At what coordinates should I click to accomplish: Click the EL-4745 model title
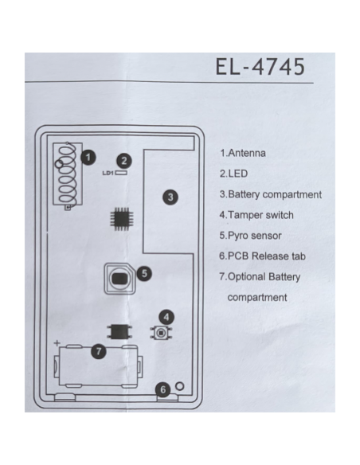click(x=260, y=66)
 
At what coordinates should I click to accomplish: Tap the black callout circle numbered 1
click(x=88, y=157)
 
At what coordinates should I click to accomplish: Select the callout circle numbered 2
click(x=124, y=161)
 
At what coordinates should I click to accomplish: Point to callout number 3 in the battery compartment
click(x=170, y=197)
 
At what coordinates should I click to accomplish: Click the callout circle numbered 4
click(x=166, y=318)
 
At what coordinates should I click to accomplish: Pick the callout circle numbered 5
click(x=144, y=273)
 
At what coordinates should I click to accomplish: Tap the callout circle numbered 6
click(x=162, y=389)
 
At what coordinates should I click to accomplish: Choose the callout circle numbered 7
click(x=99, y=352)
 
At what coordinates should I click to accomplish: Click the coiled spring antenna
click(x=68, y=175)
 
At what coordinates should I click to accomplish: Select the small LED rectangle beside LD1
click(x=121, y=172)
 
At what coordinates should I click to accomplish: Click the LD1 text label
click(x=108, y=173)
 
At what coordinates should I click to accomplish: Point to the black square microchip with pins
click(x=122, y=219)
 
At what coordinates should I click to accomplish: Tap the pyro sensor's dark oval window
click(x=119, y=279)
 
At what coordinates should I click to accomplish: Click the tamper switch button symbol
click(x=161, y=333)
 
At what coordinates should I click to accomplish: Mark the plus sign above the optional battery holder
click(x=57, y=343)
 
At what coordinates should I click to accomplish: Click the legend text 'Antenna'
click(x=247, y=153)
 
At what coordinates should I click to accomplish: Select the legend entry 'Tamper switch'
click(x=256, y=215)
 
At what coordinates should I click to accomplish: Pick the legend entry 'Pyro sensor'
click(x=251, y=236)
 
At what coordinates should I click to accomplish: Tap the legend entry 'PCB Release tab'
click(x=263, y=256)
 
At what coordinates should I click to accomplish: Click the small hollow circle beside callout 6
click(x=180, y=386)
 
